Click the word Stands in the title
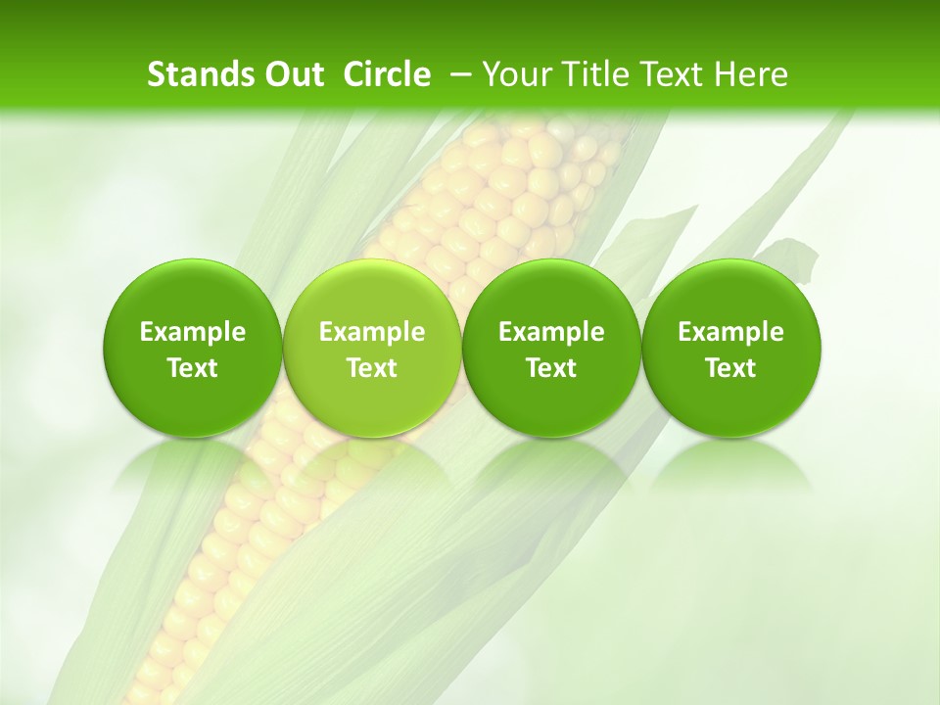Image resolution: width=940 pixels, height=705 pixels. (193, 74)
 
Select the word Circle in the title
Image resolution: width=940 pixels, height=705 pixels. (387, 74)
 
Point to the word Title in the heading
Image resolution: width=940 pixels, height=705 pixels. (588, 74)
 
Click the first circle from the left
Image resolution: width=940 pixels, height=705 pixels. (193, 348)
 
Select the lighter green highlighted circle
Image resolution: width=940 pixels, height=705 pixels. (372, 348)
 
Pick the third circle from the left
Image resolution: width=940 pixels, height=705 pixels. (551, 348)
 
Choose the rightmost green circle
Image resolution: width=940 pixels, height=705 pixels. (731, 348)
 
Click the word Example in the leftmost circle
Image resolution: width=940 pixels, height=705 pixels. (193, 332)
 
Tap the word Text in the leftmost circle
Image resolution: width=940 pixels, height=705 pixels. (193, 368)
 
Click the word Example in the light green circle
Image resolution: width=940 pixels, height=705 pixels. (372, 332)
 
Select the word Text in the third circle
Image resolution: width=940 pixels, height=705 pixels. (551, 368)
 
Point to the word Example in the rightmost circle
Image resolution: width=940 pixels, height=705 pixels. (731, 332)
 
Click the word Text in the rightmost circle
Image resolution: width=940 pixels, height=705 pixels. (731, 368)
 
